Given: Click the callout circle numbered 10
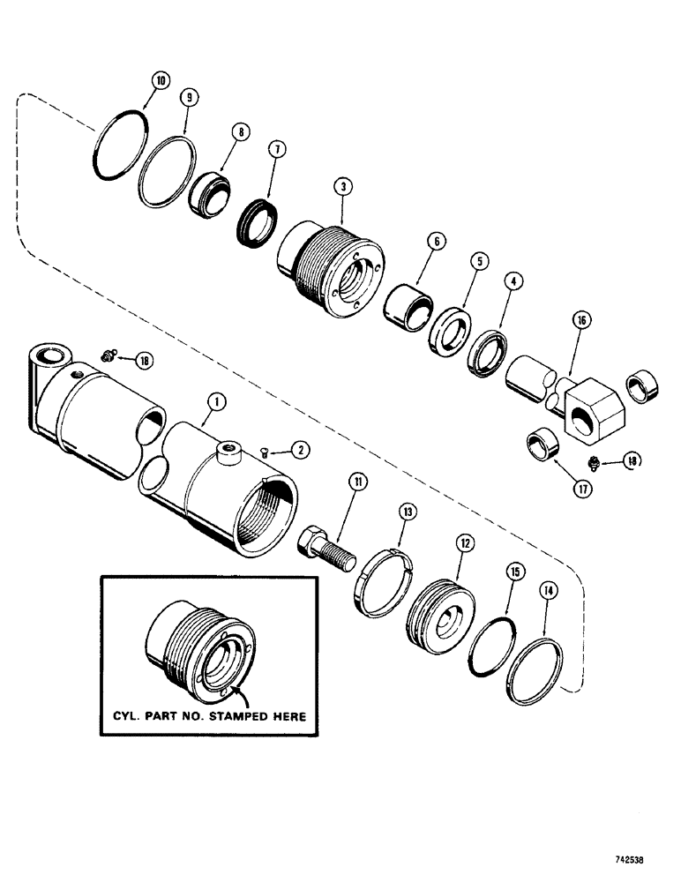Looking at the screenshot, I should (x=159, y=80).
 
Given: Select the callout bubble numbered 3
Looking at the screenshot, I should (x=340, y=186).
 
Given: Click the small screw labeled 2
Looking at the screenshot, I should (x=267, y=451).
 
